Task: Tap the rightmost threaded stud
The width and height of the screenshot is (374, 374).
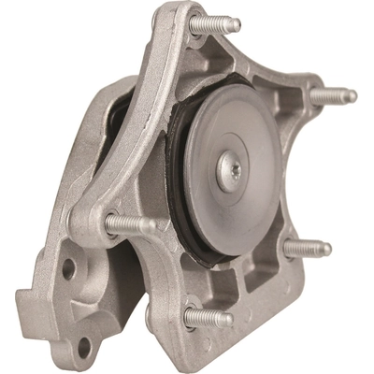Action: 332,93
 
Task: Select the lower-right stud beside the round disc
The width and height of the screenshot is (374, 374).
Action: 307,248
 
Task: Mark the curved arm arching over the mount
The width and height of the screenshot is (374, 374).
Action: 140,122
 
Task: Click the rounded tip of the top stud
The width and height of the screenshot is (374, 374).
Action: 236,25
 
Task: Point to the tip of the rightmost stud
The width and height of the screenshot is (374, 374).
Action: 352,94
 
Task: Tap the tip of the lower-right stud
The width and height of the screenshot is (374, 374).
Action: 326,249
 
